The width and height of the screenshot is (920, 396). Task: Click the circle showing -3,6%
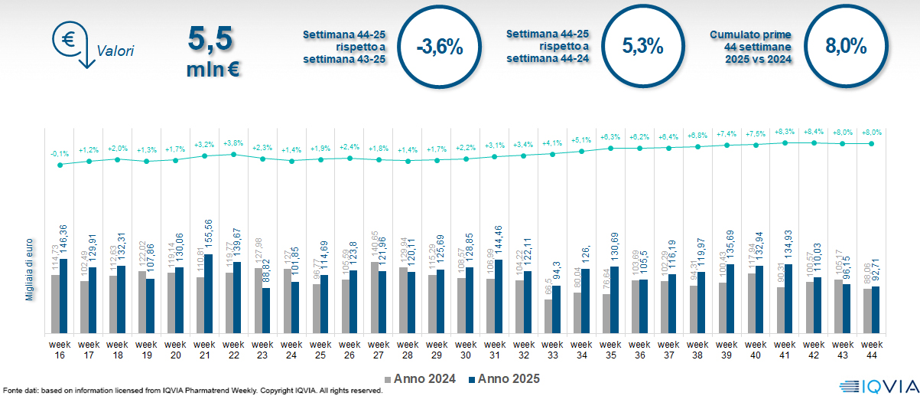pyautogui.click(x=440, y=47)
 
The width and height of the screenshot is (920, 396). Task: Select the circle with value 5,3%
pyautogui.click(x=642, y=47)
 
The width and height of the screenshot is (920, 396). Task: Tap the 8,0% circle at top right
pyautogui.click(x=845, y=47)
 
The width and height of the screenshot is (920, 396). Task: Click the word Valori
pyautogui.click(x=115, y=52)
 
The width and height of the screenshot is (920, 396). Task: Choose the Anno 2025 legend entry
pyautogui.click(x=504, y=378)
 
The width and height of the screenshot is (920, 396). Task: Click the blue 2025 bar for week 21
pyautogui.click(x=209, y=293)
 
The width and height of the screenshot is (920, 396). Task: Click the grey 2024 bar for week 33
pyautogui.click(x=548, y=316)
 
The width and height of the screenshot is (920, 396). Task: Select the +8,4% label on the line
pyautogui.click(x=814, y=131)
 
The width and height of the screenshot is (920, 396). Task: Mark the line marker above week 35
pyautogui.click(x=611, y=148)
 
